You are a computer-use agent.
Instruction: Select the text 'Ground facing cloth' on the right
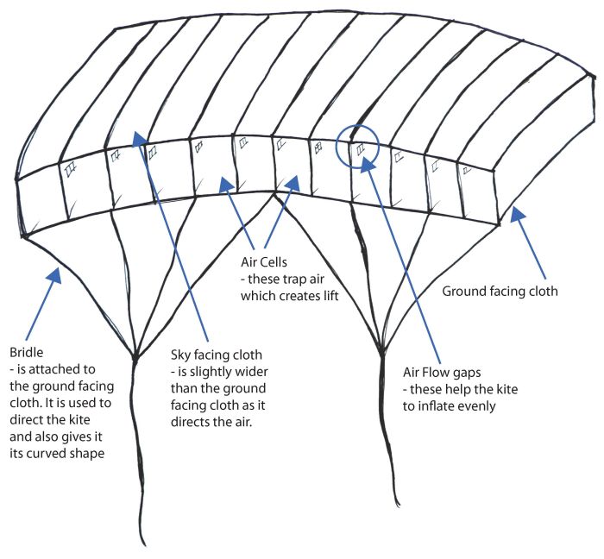pos(500,291)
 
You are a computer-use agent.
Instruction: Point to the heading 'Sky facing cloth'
pos(216,355)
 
